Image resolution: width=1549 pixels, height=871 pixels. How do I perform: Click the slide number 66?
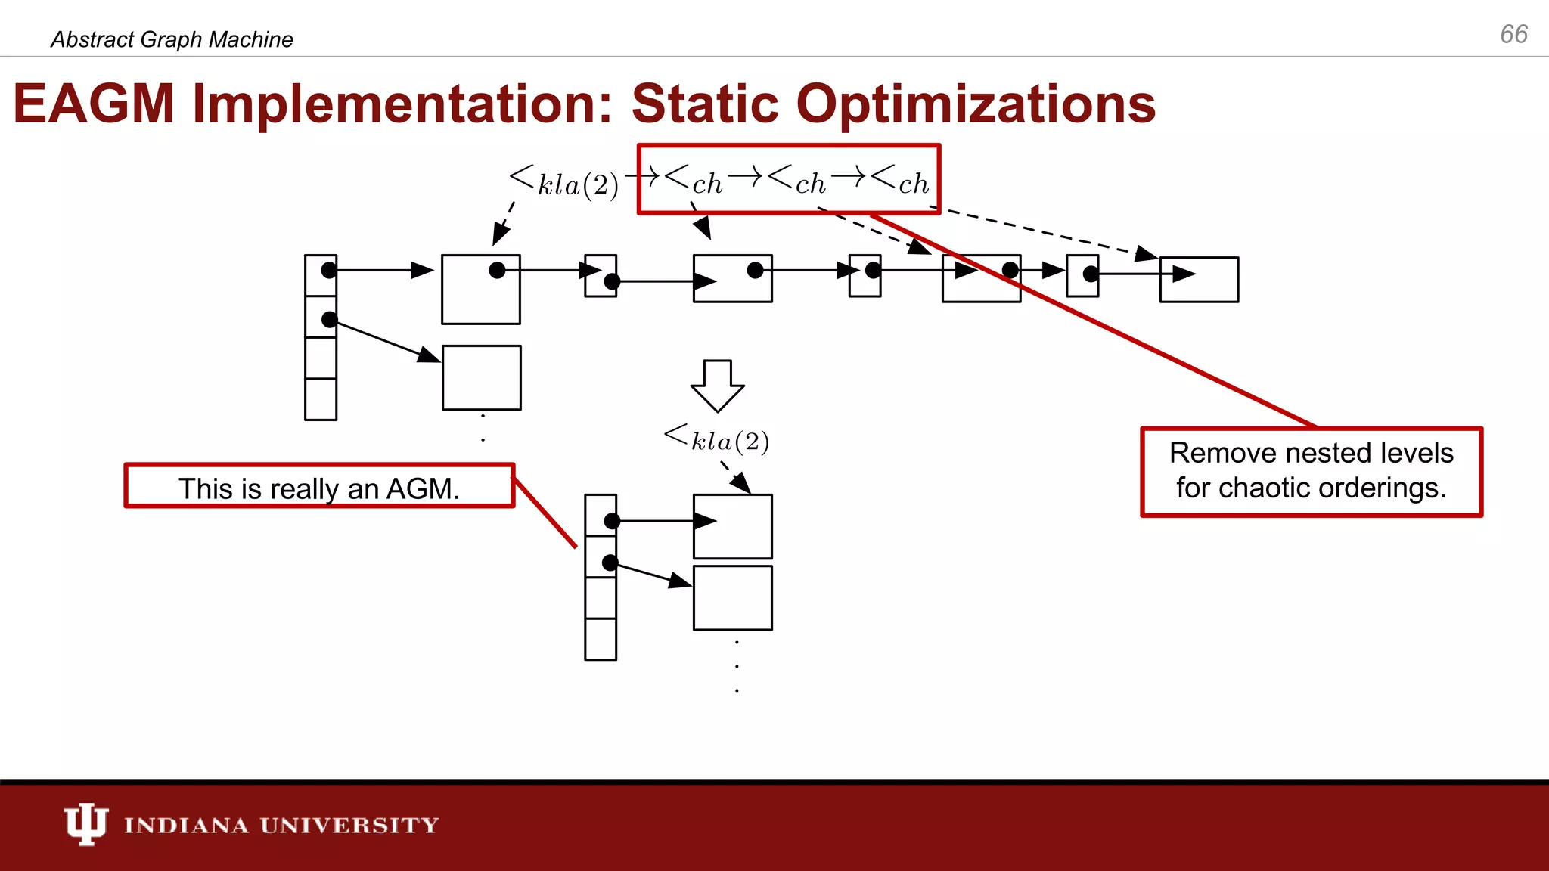point(1513,34)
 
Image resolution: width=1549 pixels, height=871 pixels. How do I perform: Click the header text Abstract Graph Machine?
point(172,39)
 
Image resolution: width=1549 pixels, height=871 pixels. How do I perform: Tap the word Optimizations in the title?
point(976,104)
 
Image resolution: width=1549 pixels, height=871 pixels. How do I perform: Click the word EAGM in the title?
point(94,104)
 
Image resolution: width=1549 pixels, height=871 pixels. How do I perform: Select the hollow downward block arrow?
point(717,385)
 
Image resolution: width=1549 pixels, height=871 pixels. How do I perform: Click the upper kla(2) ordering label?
point(564,182)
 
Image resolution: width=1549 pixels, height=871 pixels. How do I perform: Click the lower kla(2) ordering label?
point(717,439)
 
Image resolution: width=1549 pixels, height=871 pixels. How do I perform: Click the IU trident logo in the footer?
point(85,823)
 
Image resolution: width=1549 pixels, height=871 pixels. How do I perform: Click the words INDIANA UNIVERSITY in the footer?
point(281,825)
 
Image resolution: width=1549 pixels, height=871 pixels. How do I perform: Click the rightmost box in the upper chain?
point(1199,280)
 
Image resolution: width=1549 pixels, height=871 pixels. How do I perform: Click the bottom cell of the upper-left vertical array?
point(321,399)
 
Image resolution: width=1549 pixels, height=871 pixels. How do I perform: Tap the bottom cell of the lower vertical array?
point(601,639)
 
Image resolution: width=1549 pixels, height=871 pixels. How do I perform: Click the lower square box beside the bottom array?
point(732,597)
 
